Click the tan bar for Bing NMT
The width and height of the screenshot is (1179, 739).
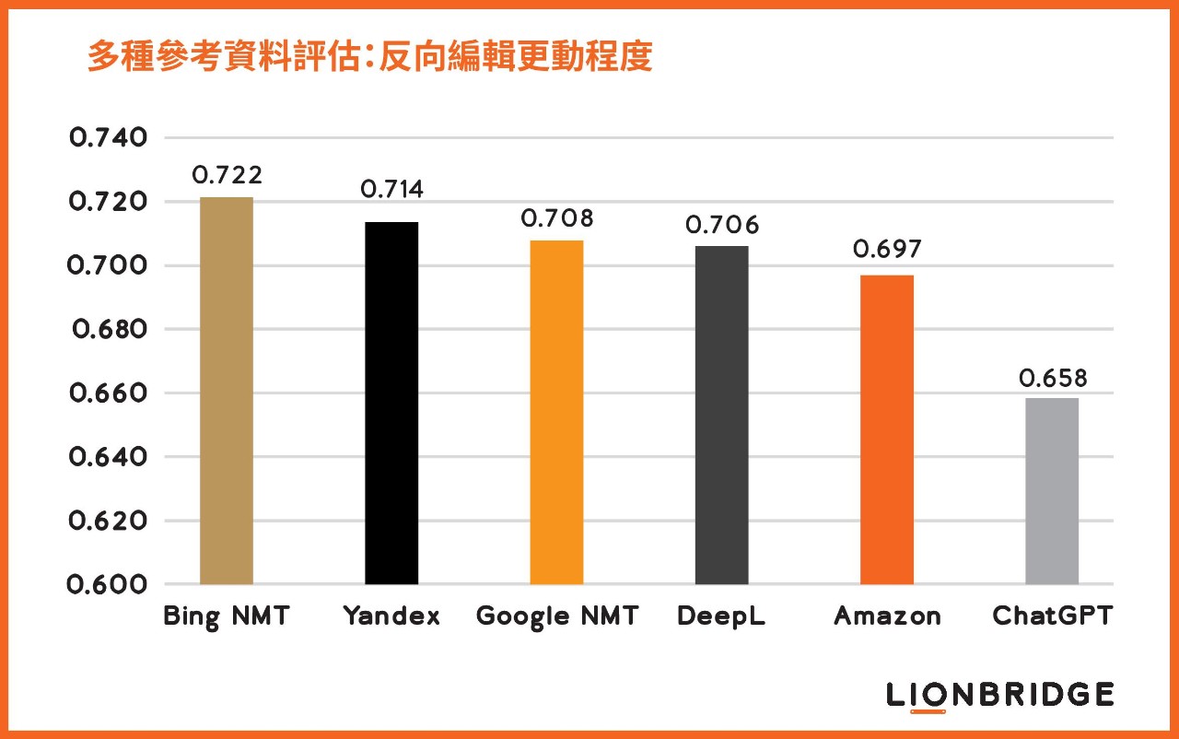click(x=226, y=391)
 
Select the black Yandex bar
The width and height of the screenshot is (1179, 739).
click(x=391, y=403)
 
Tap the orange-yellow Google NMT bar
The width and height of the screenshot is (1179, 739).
click(x=556, y=412)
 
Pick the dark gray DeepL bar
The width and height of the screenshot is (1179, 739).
click(x=722, y=415)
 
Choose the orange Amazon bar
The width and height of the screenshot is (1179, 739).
click(x=887, y=429)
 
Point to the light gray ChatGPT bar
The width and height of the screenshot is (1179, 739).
click(x=1052, y=491)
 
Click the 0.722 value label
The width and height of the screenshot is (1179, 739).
click(x=227, y=175)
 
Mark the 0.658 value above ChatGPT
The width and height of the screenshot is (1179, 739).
click(x=1053, y=379)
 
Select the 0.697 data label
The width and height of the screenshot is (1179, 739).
click(x=887, y=250)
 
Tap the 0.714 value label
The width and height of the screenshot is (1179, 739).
click(x=391, y=190)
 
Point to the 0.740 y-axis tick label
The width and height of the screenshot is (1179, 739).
click(x=109, y=138)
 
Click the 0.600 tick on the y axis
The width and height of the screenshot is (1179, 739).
click(x=109, y=584)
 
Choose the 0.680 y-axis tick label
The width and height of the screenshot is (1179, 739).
click(x=109, y=329)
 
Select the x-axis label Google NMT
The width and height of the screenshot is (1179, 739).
click(x=556, y=616)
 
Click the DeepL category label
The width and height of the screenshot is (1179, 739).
click(x=722, y=616)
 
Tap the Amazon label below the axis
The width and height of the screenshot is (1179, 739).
click(x=887, y=616)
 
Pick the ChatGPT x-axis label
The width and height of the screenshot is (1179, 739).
click(x=1052, y=616)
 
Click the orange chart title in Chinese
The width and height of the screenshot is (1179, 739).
click(x=369, y=57)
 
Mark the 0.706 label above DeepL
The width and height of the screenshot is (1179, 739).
click(x=722, y=225)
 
